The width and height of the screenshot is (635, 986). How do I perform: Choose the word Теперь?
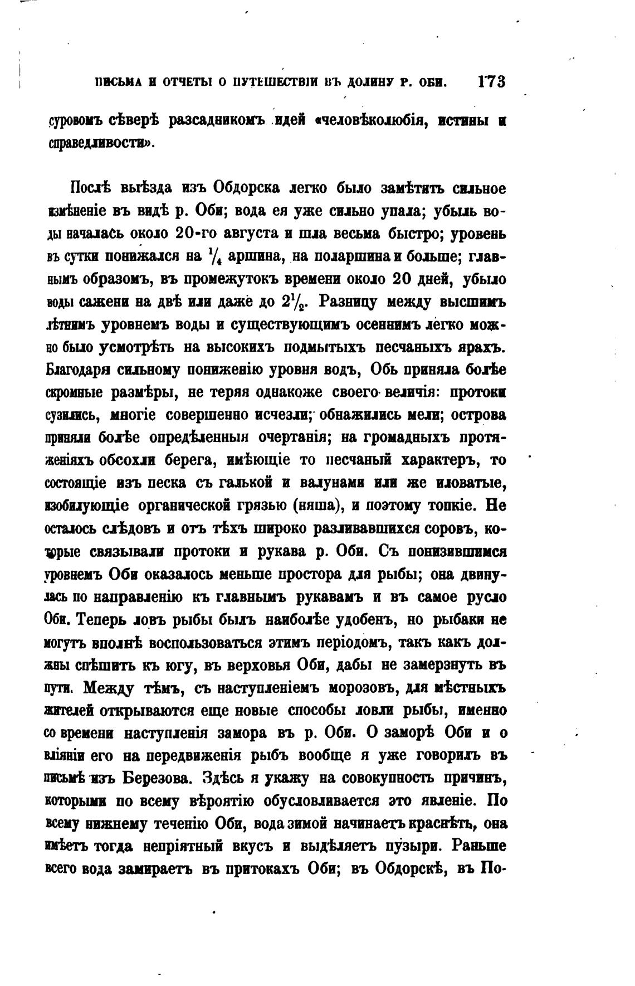[100, 619]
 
